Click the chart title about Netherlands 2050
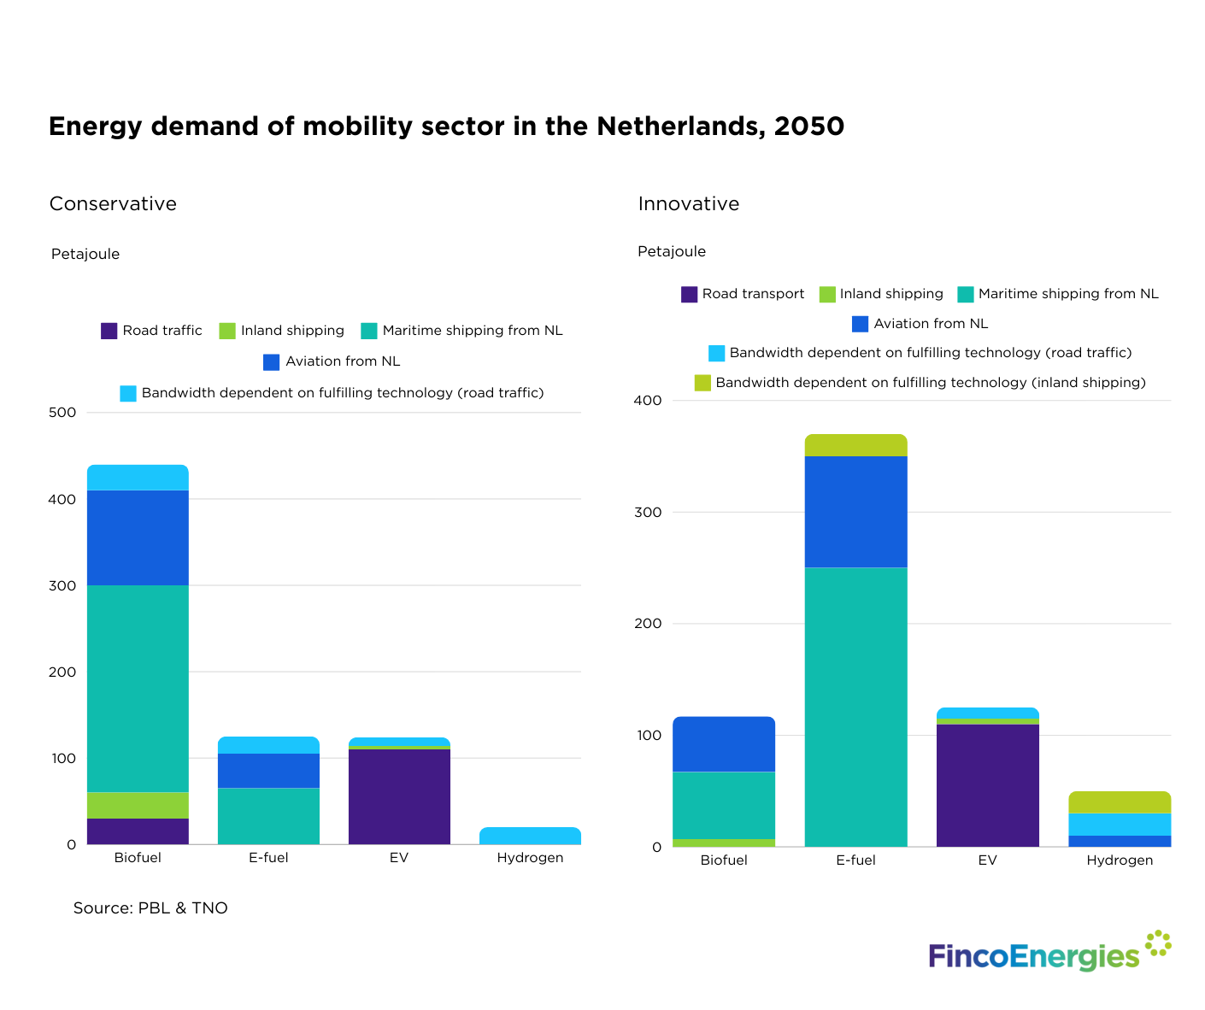[x=446, y=126]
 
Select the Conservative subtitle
[x=113, y=204]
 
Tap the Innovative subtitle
[x=688, y=204]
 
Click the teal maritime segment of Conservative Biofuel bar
[x=138, y=688]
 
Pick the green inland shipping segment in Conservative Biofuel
[x=138, y=805]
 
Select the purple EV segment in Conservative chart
[x=399, y=796]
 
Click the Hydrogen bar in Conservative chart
[x=530, y=836]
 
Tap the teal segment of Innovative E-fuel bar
[x=855, y=707]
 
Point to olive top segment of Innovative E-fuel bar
[x=855, y=445]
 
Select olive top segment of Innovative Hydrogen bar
[x=1120, y=802]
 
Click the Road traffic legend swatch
[x=109, y=331]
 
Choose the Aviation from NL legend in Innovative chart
[x=920, y=324]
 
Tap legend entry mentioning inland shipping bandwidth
[x=920, y=383]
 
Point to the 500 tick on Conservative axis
[x=63, y=413]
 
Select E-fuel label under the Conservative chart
[x=268, y=858]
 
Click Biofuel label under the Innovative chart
[x=724, y=860]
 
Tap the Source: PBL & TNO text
[x=150, y=908]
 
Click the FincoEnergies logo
[x=1049, y=954]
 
